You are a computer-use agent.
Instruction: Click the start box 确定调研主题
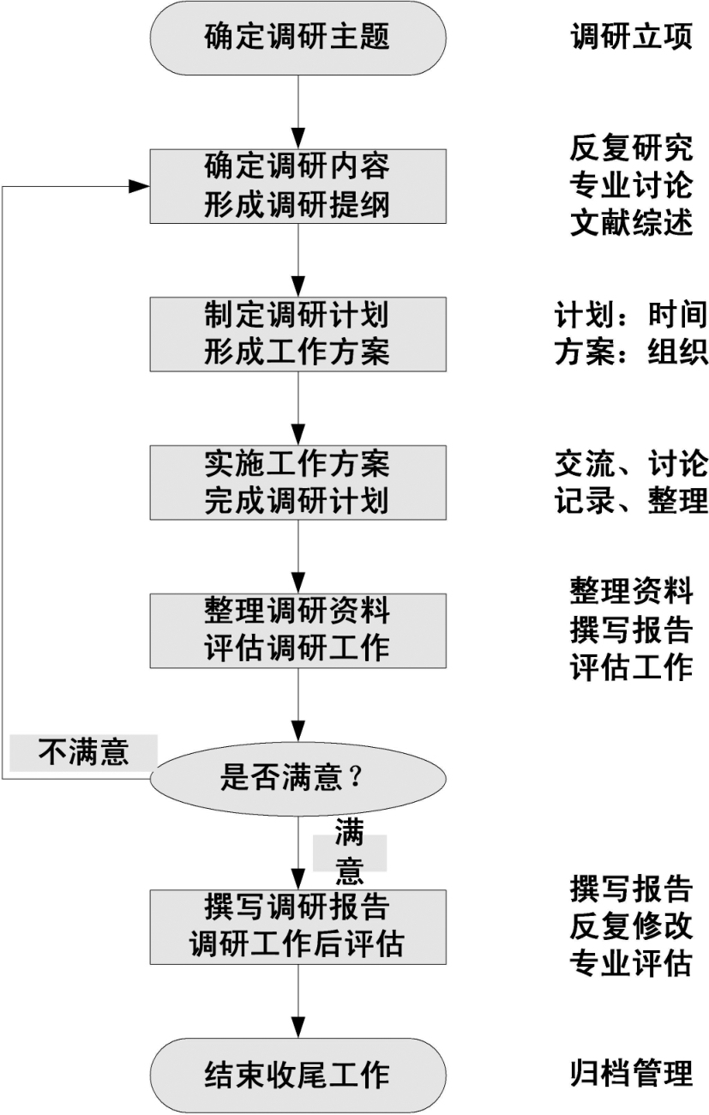coord(298,38)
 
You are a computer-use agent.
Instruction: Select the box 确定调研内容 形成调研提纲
coord(298,186)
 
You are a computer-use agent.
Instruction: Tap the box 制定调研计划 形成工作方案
coord(298,334)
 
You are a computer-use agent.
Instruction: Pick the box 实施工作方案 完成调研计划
coord(298,482)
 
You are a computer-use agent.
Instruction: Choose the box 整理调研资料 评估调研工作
coord(298,630)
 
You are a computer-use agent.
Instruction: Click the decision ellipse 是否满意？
coord(298,779)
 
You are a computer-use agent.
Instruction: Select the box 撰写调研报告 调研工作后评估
coord(298,927)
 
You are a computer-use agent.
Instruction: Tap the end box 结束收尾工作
coord(298,1076)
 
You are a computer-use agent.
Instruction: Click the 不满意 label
coord(83,753)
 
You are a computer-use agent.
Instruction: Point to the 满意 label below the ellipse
coord(349,853)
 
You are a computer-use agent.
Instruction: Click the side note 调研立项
coord(631,37)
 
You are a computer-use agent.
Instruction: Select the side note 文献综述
coord(631,222)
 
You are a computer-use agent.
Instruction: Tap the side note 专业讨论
coord(631,185)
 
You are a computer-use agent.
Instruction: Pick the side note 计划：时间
coord(631,315)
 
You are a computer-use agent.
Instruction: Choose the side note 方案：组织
coord(631,352)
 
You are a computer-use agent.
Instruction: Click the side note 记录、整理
coord(631,500)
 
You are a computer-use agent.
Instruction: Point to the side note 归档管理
coord(631,1074)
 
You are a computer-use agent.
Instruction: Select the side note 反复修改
coord(631,925)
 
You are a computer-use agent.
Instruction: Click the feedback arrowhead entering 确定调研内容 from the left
coord(139,186)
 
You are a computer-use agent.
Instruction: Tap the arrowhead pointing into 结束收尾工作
coord(298,1028)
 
